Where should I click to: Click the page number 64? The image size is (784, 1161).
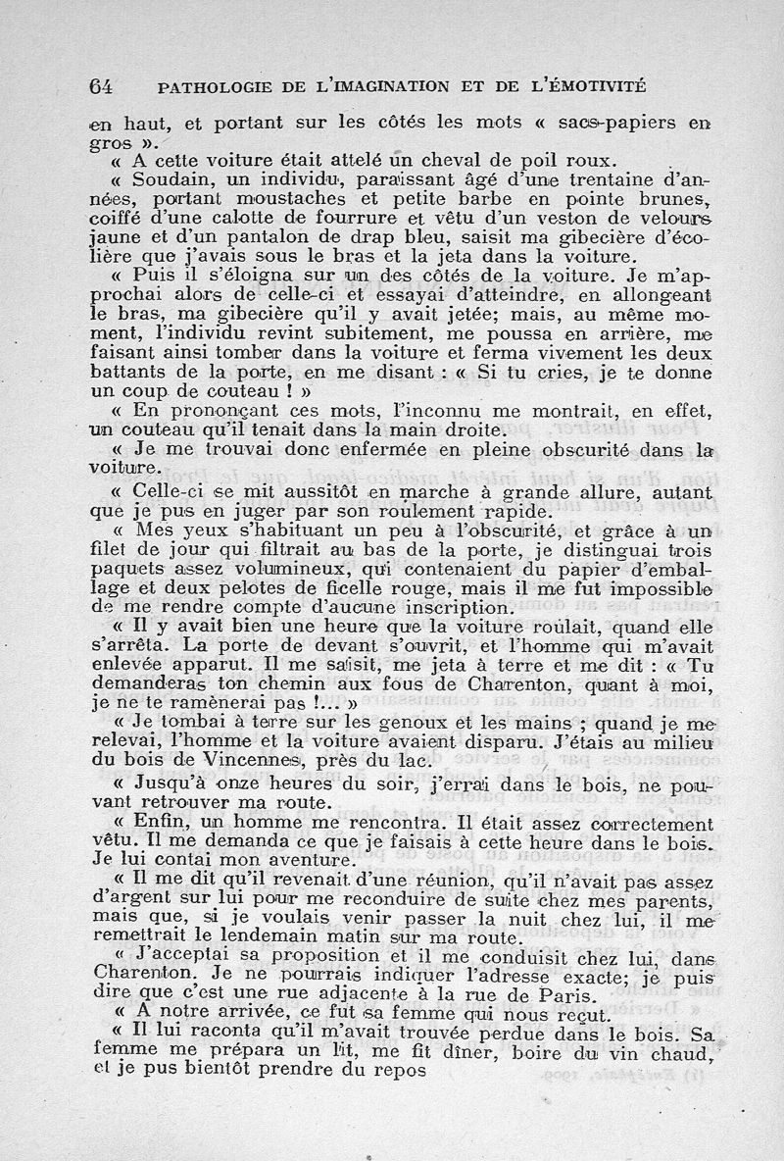(101, 85)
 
